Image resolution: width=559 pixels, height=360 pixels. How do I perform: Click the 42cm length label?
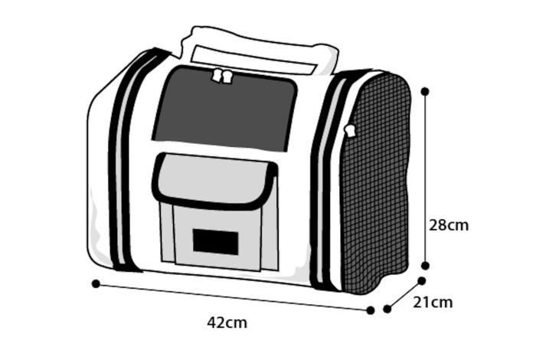tap(227, 322)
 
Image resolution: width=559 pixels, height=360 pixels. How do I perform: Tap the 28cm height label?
tap(448, 225)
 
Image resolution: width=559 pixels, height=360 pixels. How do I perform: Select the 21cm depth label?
tap(433, 303)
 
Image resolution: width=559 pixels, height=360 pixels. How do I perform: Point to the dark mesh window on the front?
tap(224, 109)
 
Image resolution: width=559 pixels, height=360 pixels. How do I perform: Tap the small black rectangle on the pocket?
tap(215, 241)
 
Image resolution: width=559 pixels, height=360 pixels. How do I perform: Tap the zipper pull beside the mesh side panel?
tap(351, 131)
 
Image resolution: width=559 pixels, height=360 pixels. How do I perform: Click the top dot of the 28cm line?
tap(425, 91)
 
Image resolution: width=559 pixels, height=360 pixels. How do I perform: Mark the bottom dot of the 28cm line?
tap(426, 266)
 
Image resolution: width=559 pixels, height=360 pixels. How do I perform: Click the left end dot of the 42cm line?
tap(96, 283)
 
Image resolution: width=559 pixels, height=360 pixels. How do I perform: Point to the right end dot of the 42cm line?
tap(371, 310)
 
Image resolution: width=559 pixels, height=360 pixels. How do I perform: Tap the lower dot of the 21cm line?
tap(387, 309)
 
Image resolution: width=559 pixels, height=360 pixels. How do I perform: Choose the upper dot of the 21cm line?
tap(421, 281)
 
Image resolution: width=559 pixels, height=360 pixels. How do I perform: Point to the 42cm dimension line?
tap(230, 296)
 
